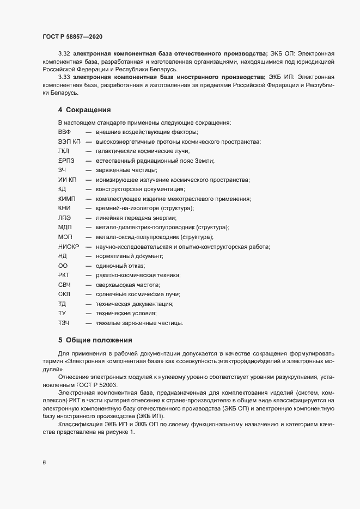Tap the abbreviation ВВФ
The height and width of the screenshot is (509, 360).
65,132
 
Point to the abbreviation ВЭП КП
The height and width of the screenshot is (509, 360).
69,142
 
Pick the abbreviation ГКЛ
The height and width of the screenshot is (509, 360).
64,151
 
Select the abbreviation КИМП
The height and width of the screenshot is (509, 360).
67,199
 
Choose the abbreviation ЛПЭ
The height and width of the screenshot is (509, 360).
64,218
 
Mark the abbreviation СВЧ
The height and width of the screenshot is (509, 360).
65,284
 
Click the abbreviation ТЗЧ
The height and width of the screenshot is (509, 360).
64,322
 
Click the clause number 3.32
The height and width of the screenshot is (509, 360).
64,54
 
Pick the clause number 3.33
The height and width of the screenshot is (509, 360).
64,77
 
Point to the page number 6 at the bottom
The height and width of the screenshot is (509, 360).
44,463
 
